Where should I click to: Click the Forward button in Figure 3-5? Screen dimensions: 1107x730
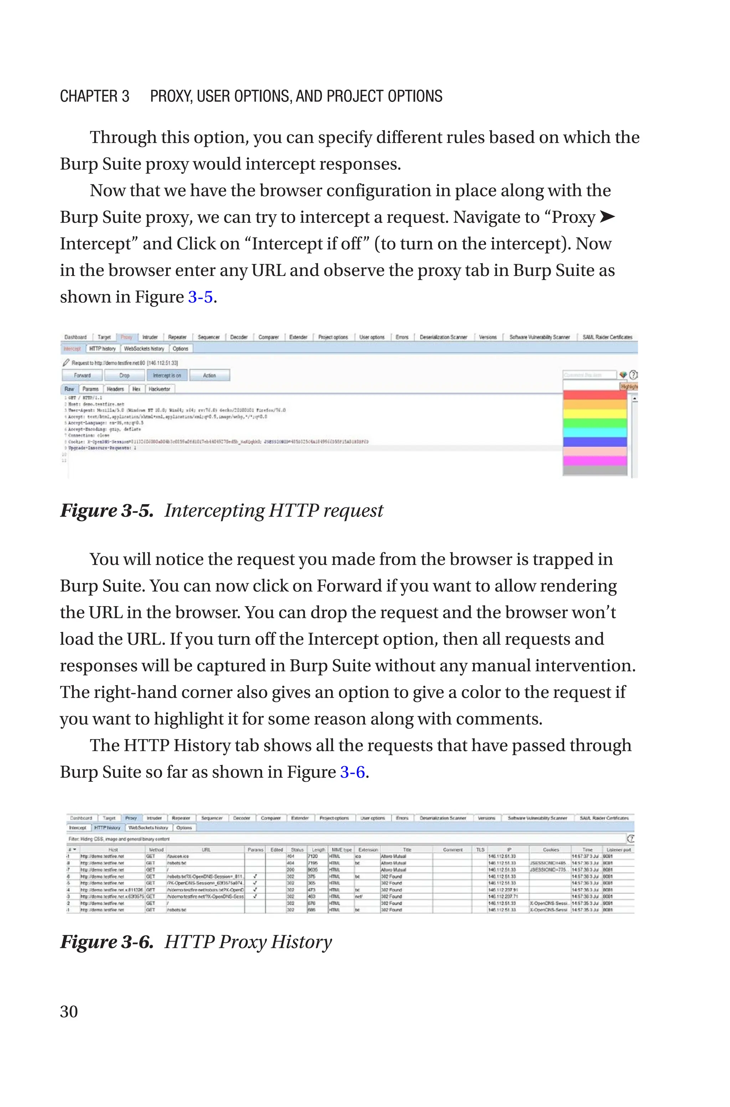(82, 375)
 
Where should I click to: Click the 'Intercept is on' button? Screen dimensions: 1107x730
(167, 375)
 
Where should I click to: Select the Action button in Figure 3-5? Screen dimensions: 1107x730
(210, 375)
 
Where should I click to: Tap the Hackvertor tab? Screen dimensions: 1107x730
(160, 389)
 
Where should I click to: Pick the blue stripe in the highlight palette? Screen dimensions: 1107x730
(595, 442)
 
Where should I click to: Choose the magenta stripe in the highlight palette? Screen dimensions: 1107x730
(595, 460)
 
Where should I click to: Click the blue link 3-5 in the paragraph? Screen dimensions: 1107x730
(200, 297)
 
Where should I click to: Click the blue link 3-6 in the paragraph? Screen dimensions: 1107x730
(353, 772)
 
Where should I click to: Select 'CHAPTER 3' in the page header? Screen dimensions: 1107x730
(94, 96)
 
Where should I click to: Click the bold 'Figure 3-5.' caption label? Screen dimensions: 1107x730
(107, 511)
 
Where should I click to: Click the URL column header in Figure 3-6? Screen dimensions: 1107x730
(206, 850)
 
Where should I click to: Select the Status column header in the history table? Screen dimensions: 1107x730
(297, 850)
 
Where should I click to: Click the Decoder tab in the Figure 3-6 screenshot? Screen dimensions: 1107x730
(241, 818)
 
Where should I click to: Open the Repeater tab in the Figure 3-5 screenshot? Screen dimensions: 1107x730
(177, 337)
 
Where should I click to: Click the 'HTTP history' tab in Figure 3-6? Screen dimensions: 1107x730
(107, 828)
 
